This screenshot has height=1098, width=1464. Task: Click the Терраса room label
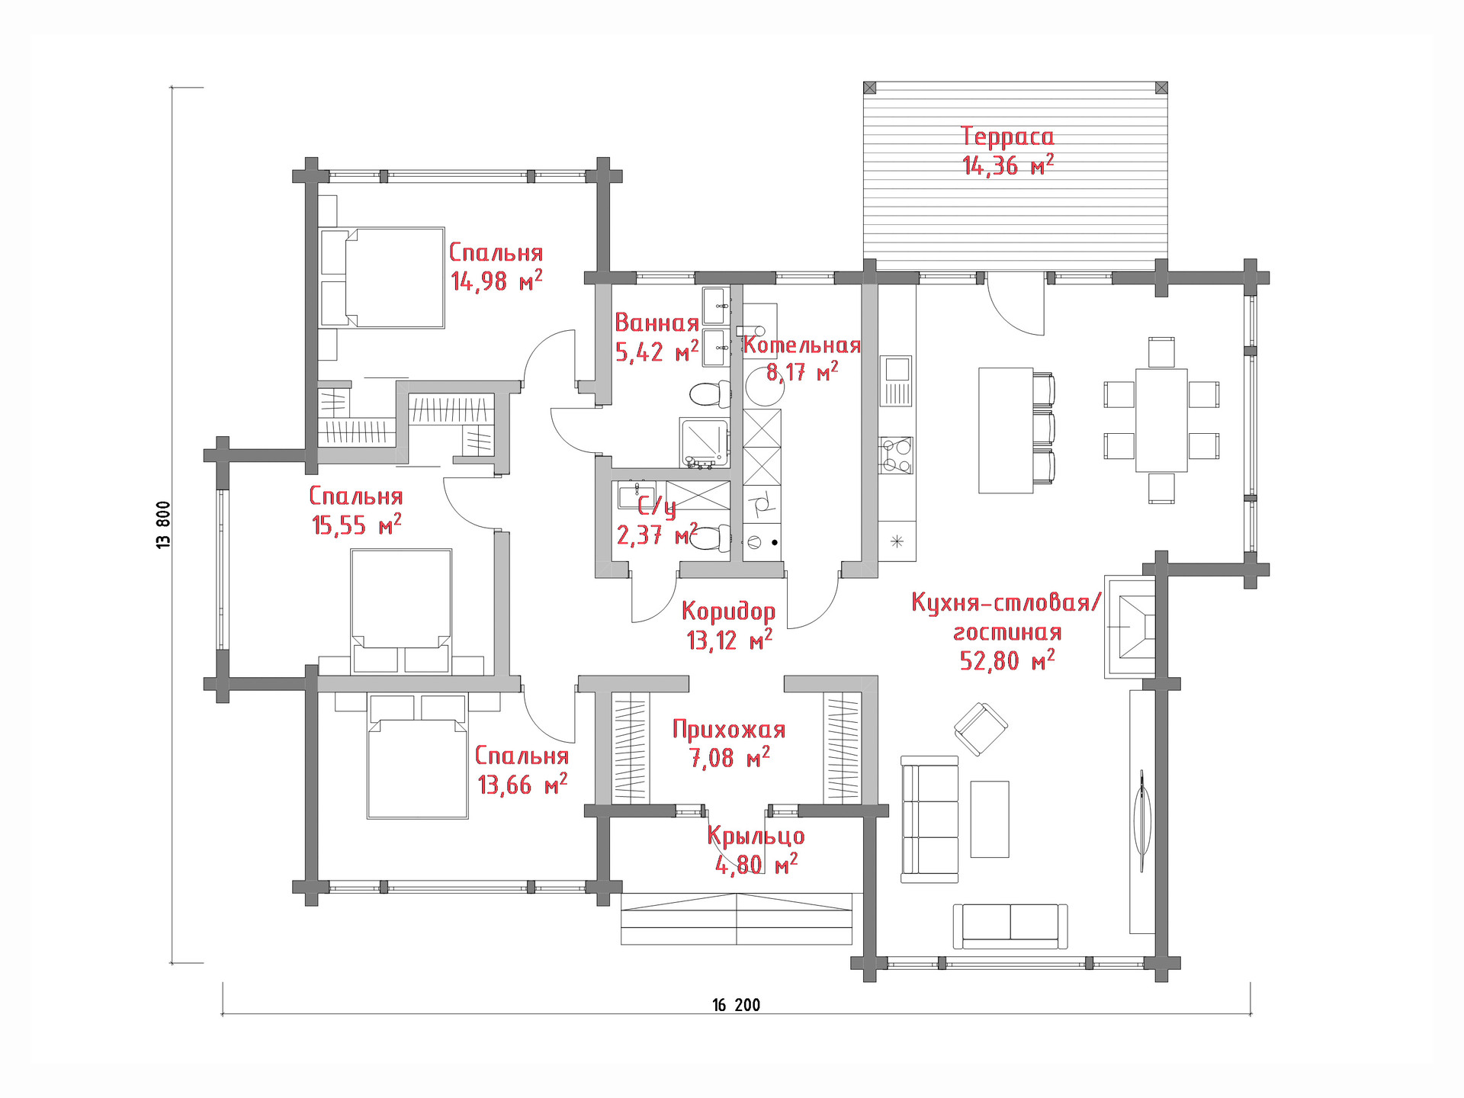(x=1007, y=136)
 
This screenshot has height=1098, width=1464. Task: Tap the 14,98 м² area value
(x=496, y=281)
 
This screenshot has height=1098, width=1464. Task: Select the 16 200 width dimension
(x=737, y=1005)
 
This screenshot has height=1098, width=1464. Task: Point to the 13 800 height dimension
(x=164, y=525)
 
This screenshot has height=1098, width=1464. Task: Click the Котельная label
(x=802, y=345)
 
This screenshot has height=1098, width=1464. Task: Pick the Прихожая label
(x=729, y=730)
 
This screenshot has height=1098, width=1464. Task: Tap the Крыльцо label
(x=756, y=836)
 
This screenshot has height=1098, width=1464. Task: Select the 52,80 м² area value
(x=1007, y=660)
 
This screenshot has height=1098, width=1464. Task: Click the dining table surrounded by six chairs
(x=1161, y=420)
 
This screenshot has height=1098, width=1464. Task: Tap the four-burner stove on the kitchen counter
(x=896, y=455)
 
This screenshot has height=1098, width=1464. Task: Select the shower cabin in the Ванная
(x=705, y=442)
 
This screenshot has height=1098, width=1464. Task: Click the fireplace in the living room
(x=1130, y=626)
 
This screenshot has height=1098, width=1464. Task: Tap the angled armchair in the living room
(x=981, y=728)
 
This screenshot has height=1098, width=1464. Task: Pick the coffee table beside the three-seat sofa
(x=990, y=819)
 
